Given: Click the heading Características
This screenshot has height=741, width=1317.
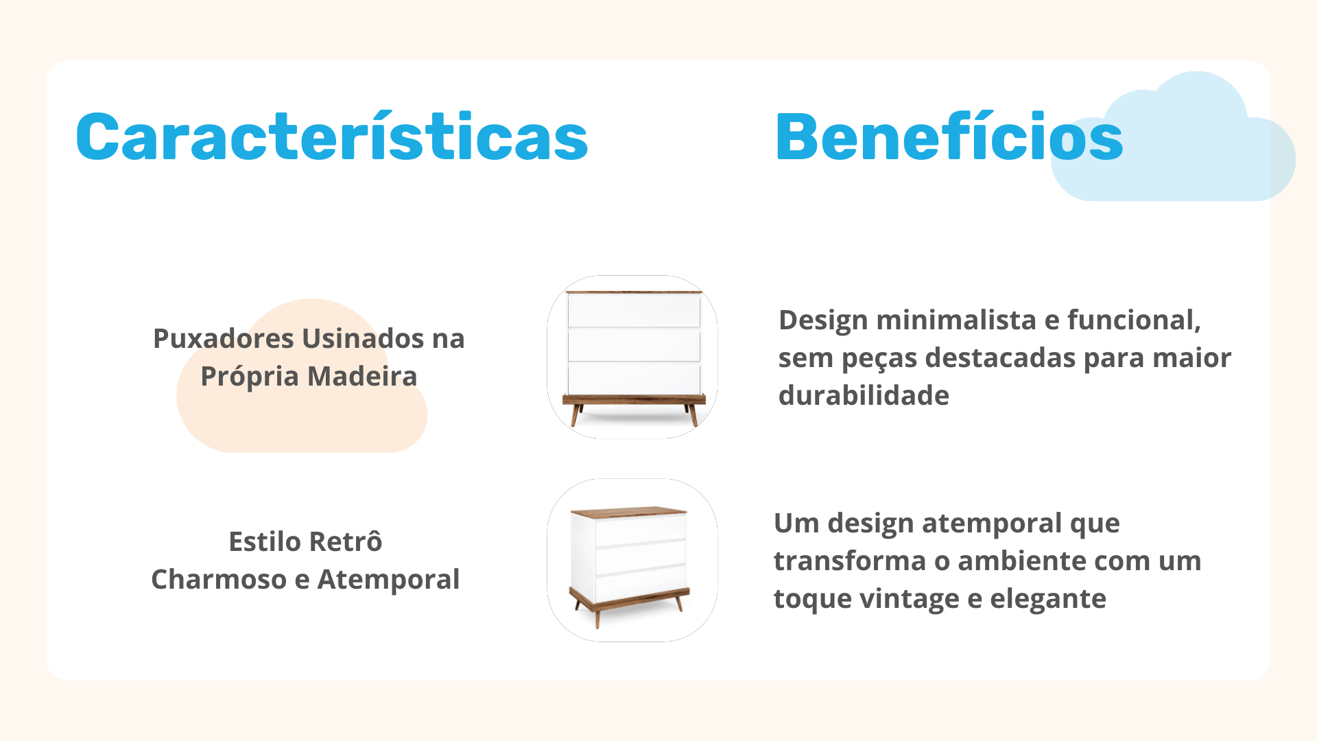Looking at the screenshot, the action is tap(332, 137).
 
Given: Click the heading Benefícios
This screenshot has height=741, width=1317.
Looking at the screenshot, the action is tap(949, 137).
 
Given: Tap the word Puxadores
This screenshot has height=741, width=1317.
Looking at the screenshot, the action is tap(224, 338).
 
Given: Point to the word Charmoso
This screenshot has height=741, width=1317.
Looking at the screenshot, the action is tap(219, 579).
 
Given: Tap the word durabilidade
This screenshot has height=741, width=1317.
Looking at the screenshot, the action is tap(864, 395).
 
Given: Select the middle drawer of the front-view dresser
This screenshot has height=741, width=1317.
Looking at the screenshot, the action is tap(634, 344).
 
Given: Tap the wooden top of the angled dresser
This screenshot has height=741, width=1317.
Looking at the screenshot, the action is tap(629, 512).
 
